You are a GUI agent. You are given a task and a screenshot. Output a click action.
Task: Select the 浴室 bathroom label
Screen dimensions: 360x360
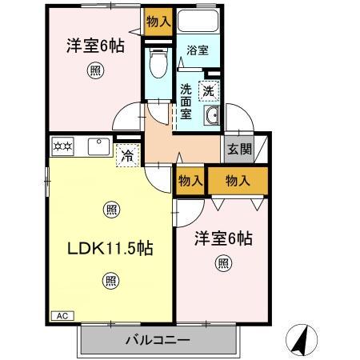198,50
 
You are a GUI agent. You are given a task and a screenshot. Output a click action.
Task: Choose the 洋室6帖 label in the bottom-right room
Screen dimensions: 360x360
224,238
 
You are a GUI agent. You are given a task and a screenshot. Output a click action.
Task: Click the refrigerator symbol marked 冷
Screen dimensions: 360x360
127,154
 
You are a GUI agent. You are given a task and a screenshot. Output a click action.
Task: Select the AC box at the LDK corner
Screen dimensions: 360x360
61,316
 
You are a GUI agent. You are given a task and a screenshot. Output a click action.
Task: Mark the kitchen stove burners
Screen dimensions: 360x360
62,146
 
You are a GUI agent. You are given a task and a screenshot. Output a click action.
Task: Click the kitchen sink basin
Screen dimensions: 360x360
100,146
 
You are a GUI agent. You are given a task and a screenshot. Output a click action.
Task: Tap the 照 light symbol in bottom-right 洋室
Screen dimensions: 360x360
223,262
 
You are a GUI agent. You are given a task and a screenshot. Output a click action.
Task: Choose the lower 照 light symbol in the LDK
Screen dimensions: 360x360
110,281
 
